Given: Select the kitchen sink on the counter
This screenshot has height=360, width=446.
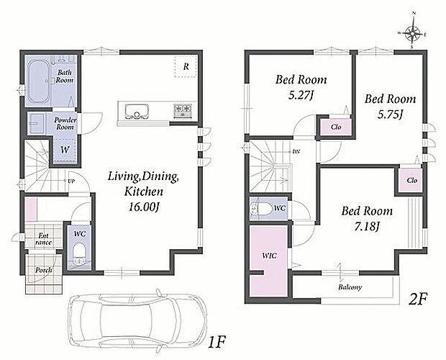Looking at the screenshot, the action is pyautogui.click(x=137, y=112).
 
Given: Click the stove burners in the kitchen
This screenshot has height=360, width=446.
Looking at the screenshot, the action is pyautogui.click(x=183, y=111).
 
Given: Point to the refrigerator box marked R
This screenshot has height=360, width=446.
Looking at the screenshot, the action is pyautogui.click(x=186, y=66).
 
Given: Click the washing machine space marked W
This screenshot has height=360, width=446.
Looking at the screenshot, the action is pyautogui.click(x=65, y=150).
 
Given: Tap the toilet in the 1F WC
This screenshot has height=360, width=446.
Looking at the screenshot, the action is pyautogui.click(x=79, y=253).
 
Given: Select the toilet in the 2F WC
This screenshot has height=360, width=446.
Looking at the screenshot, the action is pyautogui.click(x=260, y=209).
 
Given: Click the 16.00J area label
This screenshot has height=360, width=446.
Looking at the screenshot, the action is pyautogui.click(x=144, y=207).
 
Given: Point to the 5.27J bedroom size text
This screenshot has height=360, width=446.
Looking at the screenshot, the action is pyautogui.click(x=301, y=95).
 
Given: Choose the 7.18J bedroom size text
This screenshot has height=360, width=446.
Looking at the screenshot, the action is pyautogui.click(x=367, y=227).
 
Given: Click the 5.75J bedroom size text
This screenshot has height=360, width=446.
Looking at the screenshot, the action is pyautogui.click(x=390, y=114).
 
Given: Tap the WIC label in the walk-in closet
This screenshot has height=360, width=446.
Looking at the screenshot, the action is pyautogui.click(x=269, y=256).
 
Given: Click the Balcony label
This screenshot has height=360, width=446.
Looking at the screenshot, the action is pyautogui.click(x=350, y=287).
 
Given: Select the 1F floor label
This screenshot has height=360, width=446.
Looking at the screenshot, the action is pyautogui.click(x=217, y=342).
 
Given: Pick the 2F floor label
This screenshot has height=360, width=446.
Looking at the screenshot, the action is pyautogui.click(x=418, y=299).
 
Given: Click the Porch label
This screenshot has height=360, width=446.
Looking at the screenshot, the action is pyautogui.click(x=43, y=269).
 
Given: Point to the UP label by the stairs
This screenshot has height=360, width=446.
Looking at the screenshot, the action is pyautogui.click(x=71, y=181).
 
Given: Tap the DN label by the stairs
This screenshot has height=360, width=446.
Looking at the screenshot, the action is pyautogui.click(x=296, y=152).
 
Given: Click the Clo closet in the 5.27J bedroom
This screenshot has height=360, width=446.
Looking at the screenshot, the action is pyautogui.click(x=336, y=127).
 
